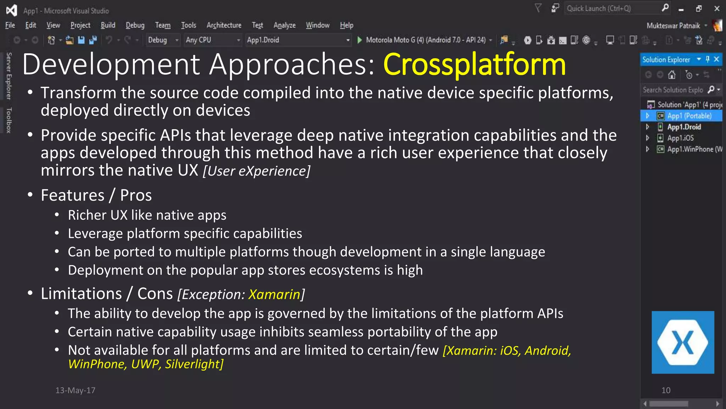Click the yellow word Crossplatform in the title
click(x=474, y=65)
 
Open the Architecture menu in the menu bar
click(x=224, y=25)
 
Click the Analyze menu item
click(x=284, y=25)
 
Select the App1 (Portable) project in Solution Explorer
click(x=689, y=116)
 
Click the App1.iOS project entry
click(x=680, y=138)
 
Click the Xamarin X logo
click(x=682, y=342)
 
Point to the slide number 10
click(x=666, y=390)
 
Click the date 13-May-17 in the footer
click(x=75, y=390)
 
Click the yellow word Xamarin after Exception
click(x=274, y=294)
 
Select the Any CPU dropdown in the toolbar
click(x=212, y=40)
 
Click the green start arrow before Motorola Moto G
click(x=359, y=40)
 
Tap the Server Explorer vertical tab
click(x=9, y=76)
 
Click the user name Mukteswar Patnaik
click(x=673, y=26)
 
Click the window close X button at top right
click(x=717, y=9)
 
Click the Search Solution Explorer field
click(x=673, y=90)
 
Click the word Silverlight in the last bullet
click(x=194, y=364)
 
